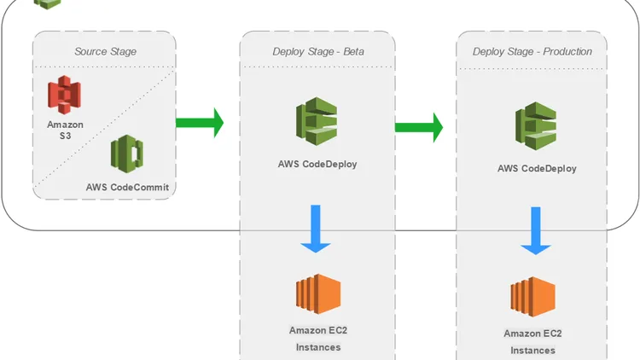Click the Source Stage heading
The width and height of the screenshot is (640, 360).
[x=104, y=51]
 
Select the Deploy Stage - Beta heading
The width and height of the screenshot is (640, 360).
[x=317, y=51]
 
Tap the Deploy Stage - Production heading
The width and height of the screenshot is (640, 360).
[x=532, y=51]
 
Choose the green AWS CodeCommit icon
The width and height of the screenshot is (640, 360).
[x=126, y=154]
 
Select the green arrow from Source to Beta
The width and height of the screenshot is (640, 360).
[x=200, y=123]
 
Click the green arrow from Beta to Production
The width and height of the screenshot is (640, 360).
[x=418, y=127]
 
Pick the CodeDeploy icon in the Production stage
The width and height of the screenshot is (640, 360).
[x=536, y=125]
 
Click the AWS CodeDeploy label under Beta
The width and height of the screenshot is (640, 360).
[x=317, y=164]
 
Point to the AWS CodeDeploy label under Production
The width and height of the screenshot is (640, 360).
[x=537, y=168]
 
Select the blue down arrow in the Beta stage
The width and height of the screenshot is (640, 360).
[x=317, y=229]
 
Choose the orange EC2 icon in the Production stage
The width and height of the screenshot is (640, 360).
[x=533, y=296]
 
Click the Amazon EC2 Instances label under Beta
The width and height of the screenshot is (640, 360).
[x=317, y=339]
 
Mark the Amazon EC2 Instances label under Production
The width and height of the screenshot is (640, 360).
[x=532, y=341]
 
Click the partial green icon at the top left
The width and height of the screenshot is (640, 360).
[x=48, y=3]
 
